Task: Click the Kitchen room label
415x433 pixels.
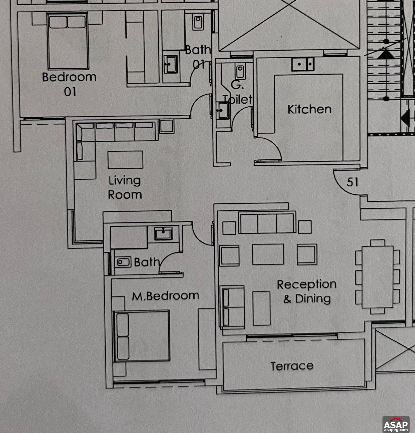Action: (309, 109)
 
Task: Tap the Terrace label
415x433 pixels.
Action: (292, 366)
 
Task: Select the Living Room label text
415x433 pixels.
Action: (125, 188)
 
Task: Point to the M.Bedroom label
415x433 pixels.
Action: (166, 296)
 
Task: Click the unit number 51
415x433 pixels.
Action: (353, 182)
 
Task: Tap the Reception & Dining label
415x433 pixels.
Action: (307, 291)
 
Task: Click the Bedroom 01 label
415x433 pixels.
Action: (69, 84)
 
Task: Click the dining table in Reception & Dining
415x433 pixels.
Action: (378, 277)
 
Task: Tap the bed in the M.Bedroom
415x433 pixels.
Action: (141, 336)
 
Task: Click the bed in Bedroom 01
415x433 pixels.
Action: (68, 41)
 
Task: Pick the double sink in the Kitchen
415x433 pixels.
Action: (303, 64)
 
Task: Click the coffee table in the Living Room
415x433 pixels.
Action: (125, 160)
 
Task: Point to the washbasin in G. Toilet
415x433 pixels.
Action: (223, 111)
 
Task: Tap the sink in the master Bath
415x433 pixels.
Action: (163, 234)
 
